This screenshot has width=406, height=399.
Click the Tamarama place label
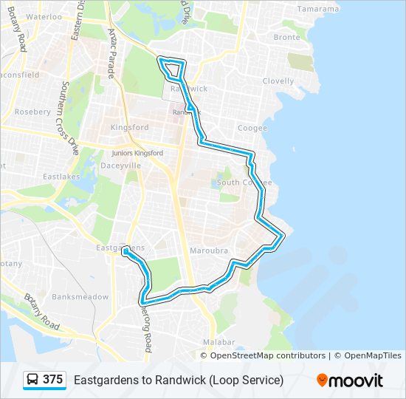(x=318, y=10)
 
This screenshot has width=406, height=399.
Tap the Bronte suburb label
(x=286, y=37)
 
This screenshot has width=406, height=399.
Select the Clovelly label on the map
(x=278, y=81)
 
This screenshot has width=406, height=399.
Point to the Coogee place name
(x=252, y=128)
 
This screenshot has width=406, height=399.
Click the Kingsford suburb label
(x=129, y=128)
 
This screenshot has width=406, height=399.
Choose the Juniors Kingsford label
(x=137, y=153)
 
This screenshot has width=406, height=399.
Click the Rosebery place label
(x=32, y=112)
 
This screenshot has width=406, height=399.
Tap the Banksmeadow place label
(x=80, y=297)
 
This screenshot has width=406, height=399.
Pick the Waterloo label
(x=44, y=16)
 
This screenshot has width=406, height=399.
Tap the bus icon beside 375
(x=33, y=380)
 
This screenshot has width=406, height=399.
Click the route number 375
(x=53, y=380)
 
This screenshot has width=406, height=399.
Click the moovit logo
(x=350, y=381)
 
